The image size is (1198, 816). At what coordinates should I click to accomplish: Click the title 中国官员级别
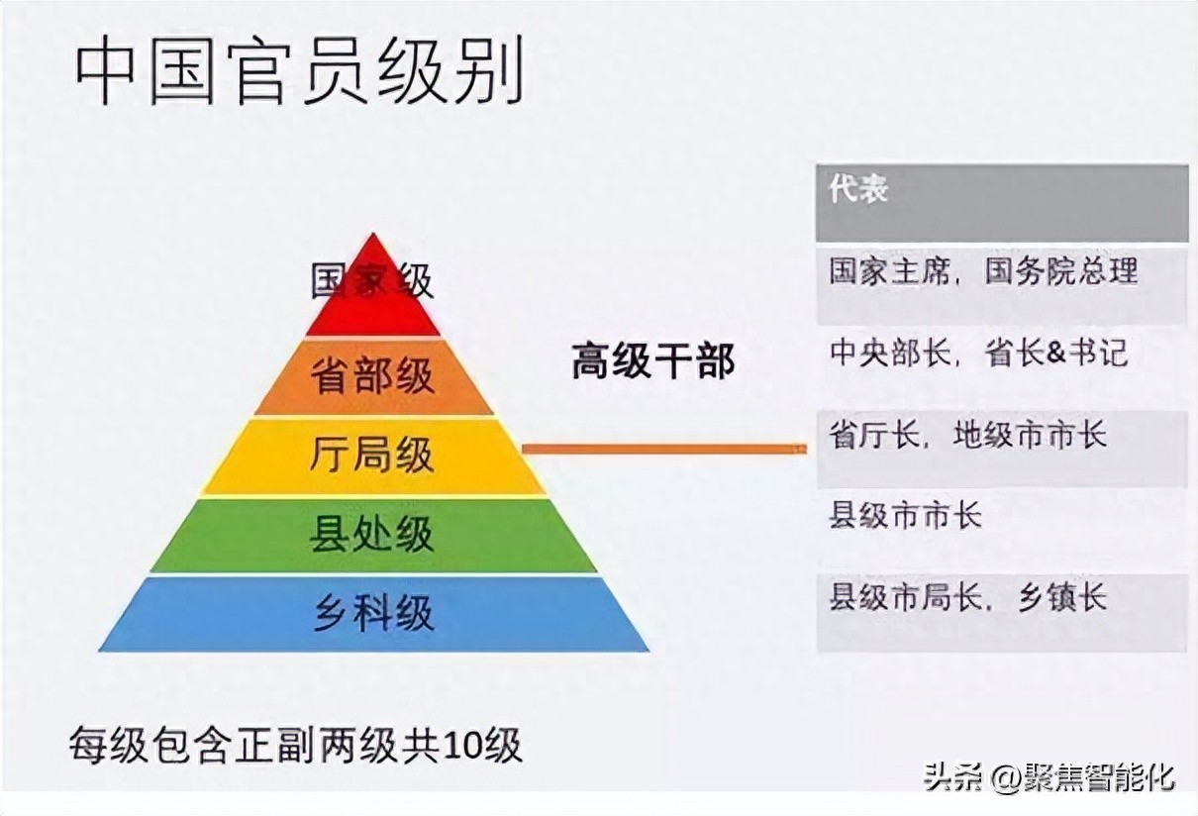pyautogui.click(x=299, y=70)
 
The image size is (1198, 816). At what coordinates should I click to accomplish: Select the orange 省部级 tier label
pyautogui.click(x=372, y=376)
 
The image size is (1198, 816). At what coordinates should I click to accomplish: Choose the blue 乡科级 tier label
pyautogui.click(x=373, y=613)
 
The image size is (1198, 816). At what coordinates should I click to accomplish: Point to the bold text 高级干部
pyautogui.click(x=653, y=361)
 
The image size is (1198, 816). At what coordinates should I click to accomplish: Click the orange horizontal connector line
pyautogui.click(x=664, y=449)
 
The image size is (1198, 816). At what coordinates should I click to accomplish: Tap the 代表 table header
pyautogui.click(x=858, y=189)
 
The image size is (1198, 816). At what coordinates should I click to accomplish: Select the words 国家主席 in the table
pyautogui.click(x=889, y=271)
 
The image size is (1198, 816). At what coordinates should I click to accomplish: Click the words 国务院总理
pyautogui.click(x=1061, y=270)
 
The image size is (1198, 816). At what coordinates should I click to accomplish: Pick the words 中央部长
pyautogui.click(x=890, y=353)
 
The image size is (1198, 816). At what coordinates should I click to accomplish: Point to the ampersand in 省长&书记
pyautogui.click(x=1056, y=353)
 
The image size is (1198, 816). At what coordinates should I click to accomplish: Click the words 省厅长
pyautogui.click(x=874, y=435)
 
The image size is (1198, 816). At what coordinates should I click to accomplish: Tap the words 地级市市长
pyautogui.click(x=1030, y=435)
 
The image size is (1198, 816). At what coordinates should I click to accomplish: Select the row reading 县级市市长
pyautogui.click(x=906, y=515)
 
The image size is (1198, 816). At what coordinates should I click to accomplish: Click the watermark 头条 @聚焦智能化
pyautogui.click(x=1049, y=777)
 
